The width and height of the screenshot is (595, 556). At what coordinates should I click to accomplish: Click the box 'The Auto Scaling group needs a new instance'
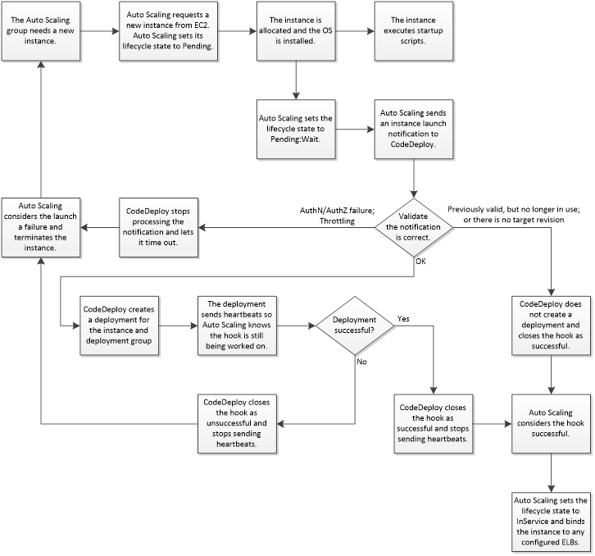tap(40, 31)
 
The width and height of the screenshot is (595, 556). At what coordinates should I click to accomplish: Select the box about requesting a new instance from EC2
tap(168, 31)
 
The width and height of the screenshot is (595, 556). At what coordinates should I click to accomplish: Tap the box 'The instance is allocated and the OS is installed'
tap(295, 31)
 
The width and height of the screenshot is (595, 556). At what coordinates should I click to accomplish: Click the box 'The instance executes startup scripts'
tap(414, 31)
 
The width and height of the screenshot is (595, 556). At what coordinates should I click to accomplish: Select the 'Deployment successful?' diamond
tap(354, 326)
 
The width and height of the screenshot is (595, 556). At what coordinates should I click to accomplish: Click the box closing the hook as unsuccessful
tap(237, 422)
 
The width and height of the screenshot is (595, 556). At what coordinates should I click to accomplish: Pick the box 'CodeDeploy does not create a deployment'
tap(551, 326)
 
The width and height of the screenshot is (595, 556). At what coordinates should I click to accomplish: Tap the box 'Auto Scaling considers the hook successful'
tap(551, 422)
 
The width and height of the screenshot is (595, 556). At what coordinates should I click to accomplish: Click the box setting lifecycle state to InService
tap(551, 521)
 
